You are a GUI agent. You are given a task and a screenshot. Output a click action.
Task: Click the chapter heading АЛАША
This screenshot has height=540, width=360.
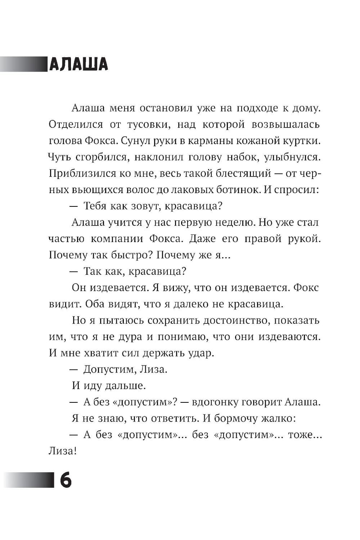click(x=78, y=64)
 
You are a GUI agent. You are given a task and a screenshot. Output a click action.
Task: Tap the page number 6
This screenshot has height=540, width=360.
click(x=66, y=480)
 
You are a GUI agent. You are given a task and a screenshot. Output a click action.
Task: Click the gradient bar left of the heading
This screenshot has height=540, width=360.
click(x=23, y=64)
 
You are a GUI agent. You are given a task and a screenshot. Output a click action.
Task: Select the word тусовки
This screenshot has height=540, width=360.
click(x=146, y=125)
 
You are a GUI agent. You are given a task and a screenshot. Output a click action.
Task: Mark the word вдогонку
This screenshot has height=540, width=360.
click(x=213, y=402)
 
